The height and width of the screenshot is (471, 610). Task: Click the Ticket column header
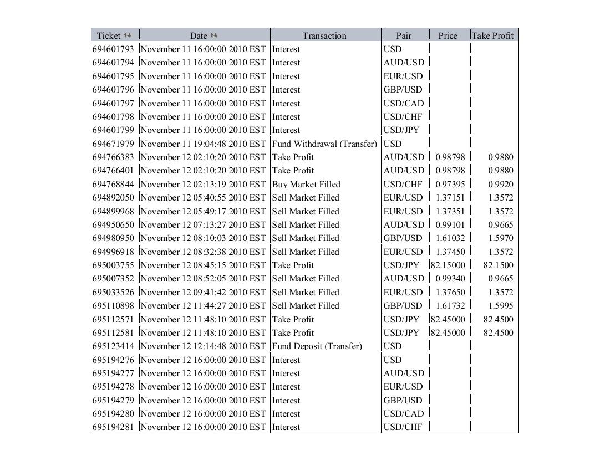(x=108, y=35)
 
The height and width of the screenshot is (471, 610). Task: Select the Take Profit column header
(x=493, y=35)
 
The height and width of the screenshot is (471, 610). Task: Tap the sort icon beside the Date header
(x=214, y=35)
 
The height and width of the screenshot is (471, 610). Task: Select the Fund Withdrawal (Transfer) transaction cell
(x=324, y=144)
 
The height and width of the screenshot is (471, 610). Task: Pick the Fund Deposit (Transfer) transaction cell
(x=317, y=346)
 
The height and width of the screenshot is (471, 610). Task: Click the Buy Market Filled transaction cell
(x=306, y=184)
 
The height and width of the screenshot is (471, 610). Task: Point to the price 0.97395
(x=450, y=184)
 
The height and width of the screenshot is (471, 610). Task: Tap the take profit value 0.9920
(x=500, y=184)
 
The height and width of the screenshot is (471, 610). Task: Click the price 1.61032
(x=450, y=238)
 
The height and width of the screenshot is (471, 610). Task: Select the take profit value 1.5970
(x=500, y=238)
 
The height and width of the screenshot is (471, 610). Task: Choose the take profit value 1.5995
(x=500, y=306)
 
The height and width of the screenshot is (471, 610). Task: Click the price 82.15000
(x=448, y=265)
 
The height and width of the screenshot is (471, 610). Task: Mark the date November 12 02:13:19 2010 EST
(x=203, y=184)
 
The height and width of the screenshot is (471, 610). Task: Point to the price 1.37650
(x=450, y=293)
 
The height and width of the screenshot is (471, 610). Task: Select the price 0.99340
(x=450, y=279)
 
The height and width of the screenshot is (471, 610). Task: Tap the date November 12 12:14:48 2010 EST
(x=203, y=346)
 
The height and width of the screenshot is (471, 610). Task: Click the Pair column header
(x=404, y=35)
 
